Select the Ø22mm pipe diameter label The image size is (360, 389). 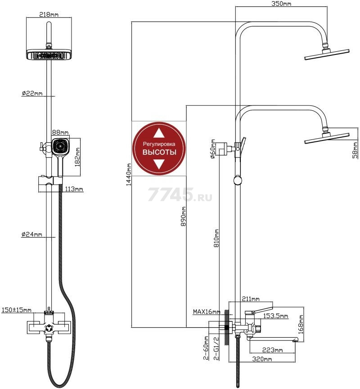click(32, 93)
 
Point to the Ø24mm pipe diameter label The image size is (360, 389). click(32, 235)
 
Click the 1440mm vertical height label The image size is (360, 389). click(129, 175)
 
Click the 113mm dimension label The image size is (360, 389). click(74, 189)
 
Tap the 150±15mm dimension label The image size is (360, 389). click(17, 310)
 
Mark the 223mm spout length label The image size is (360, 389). click(272, 350)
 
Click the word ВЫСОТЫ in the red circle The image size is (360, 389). click(159, 153)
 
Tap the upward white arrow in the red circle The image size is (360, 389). click(159, 133)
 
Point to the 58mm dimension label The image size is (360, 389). click(355, 148)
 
